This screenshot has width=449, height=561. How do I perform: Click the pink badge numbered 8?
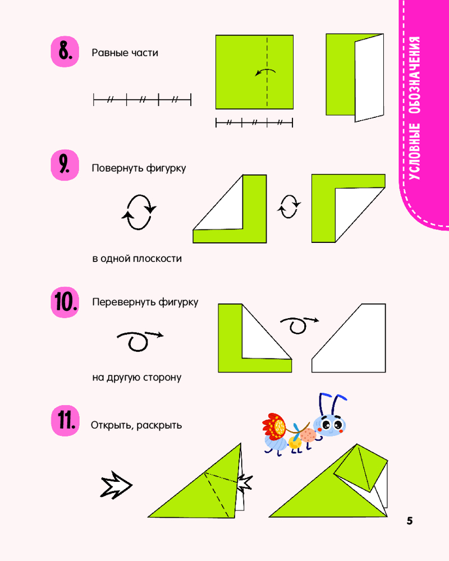tap(65, 52)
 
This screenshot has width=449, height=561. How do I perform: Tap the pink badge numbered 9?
tap(65, 165)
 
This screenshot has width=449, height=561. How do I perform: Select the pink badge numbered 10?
tap(65, 302)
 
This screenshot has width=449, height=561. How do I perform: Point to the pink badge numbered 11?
tap(65, 420)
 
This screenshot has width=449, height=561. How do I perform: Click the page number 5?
tap(410, 521)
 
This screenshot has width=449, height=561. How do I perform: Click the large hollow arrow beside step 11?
tap(116, 485)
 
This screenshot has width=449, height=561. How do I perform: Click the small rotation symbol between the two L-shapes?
tap(289, 206)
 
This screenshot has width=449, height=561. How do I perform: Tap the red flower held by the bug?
tap(274, 426)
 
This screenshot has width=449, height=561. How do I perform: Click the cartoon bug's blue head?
tap(330, 425)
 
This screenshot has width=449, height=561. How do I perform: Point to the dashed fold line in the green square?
tap(267, 72)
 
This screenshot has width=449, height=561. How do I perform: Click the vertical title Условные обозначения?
tap(414, 108)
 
